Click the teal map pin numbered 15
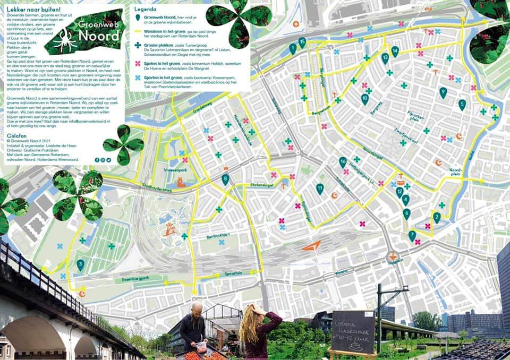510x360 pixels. tap(302, 42)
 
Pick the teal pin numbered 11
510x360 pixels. tap(320, 188)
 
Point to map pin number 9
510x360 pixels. tap(443, 92)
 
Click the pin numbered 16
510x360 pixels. tap(343, 162)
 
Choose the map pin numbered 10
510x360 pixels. tap(364, 99)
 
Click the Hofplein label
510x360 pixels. tap(393, 262)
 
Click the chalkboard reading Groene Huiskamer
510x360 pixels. tap(353, 331)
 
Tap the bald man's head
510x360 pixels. tap(196, 308)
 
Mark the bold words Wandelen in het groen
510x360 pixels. tap(166, 32)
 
